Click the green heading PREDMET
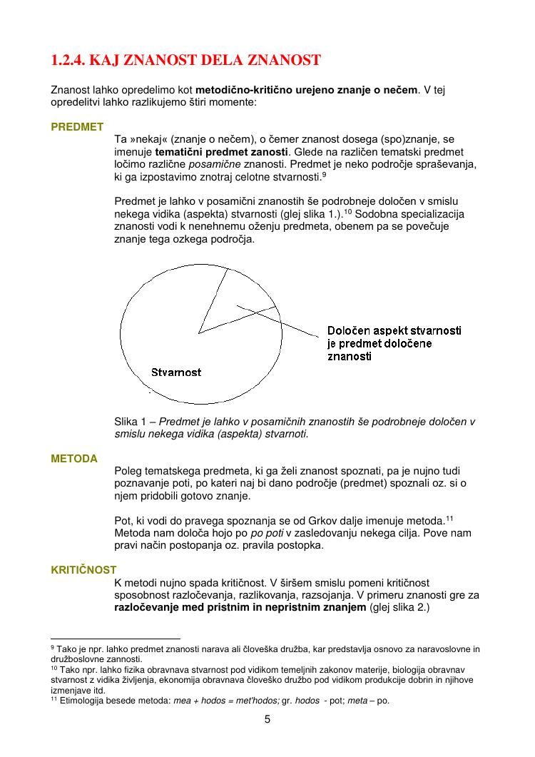pyautogui.click(x=77, y=127)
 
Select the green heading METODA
pyautogui.click(x=74, y=459)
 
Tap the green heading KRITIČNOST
pyautogui.click(x=83, y=570)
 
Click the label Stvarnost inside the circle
pyautogui.click(x=176, y=372)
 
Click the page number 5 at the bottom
pyautogui.click(x=267, y=719)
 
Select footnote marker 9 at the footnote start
pyautogui.click(x=53, y=648)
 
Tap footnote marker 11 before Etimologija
pyautogui.click(x=53, y=699)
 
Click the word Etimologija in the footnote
pyautogui.click(x=83, y=701)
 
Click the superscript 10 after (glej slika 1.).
pyautogui.click(x=349, y=212)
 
